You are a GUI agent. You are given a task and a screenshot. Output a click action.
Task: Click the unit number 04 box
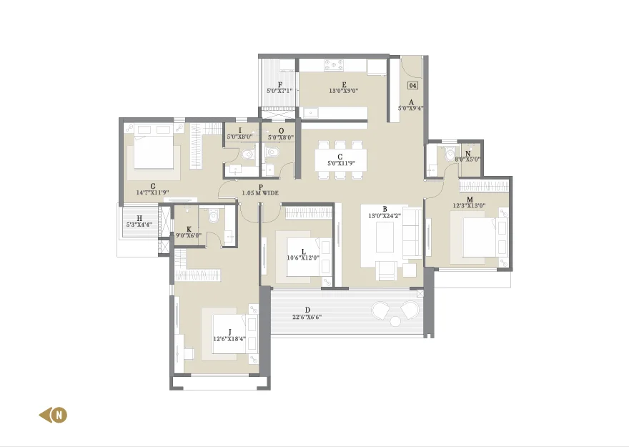pyautogui.click(x=412, y=85)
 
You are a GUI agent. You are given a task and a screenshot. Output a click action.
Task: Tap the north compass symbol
pyautogui.click(x=54, y=415)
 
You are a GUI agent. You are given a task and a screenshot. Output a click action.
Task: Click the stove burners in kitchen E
pyautogui.click(x=334, y=65)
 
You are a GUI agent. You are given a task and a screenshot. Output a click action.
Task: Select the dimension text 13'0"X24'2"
pyautogui.click(x=385, y=215)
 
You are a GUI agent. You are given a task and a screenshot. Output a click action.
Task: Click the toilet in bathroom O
pyautogui.click(x=272, y=152)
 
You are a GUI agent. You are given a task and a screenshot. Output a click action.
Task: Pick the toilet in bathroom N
pyautogui.click(x=450, y=153)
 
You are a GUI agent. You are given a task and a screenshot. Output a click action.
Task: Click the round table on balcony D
pyautogui.click(x=395, y=321)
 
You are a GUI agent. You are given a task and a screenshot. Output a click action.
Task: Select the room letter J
pyautogui.click(x=230, y=332)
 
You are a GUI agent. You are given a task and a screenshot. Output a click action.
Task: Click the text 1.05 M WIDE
pyautogui.click(x=260, y=193)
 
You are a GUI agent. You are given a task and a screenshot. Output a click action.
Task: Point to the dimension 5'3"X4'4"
pyautogui.click(x=139, y=225)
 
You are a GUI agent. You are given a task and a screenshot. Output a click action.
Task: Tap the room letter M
pyautogui.click(x=470, y=200)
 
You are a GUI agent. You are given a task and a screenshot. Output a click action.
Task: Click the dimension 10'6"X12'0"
pyautogui.click(x=303, y=258)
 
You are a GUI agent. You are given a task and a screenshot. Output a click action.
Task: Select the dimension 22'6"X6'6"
pyautogui.click(x=307, y=317)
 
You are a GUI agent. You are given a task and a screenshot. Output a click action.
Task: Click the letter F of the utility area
pyautogui.click(x=280, y=84)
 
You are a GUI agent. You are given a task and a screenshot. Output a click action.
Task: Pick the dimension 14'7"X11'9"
pyautogui.click(x=152, y=192)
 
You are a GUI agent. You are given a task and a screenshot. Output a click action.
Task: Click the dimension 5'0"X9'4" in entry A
pyautogui.click(x=410, y=108)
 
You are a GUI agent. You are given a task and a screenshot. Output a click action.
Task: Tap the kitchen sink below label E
pyautogui.click(x=310, y=113)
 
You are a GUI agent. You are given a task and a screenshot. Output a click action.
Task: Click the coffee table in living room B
pyautogui.click(x=385, y=237)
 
